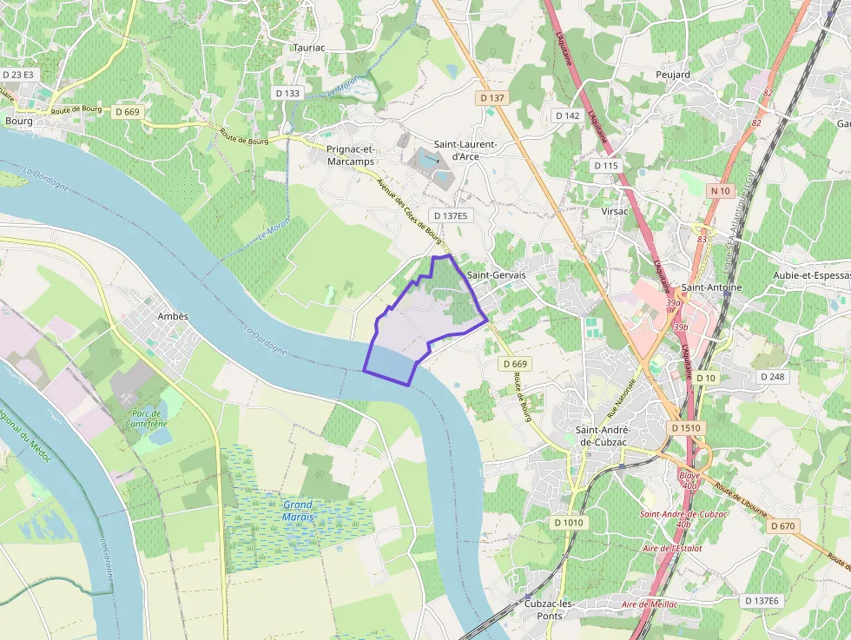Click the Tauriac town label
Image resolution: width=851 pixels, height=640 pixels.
click(x=308, y=48)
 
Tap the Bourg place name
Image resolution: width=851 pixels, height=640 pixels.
click(x=18, y=122)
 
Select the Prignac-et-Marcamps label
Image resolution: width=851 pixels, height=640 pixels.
click(x=351, y=155)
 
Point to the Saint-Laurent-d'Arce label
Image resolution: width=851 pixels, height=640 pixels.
click(x=465, y=150)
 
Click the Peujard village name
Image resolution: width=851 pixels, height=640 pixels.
click(x=673, y=75)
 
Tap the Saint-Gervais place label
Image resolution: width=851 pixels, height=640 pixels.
click(x=496, y=274)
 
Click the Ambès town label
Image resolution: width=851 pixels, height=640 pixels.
click(x=173, y=316)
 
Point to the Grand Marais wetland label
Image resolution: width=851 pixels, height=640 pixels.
click(x=297, y=511)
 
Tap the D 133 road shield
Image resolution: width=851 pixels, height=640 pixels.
click(x=287, y=93)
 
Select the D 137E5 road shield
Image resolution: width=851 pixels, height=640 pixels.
click(x=450, y=215)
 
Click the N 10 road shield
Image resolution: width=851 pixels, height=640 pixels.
click(x=720, y=190)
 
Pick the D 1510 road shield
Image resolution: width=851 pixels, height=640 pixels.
click(x=685, y=428)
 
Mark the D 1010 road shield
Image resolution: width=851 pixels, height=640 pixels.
click(x=569, y=523)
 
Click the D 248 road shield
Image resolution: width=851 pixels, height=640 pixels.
click(x=772, y=377)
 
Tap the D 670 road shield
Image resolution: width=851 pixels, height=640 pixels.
click(x=782, y=526)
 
